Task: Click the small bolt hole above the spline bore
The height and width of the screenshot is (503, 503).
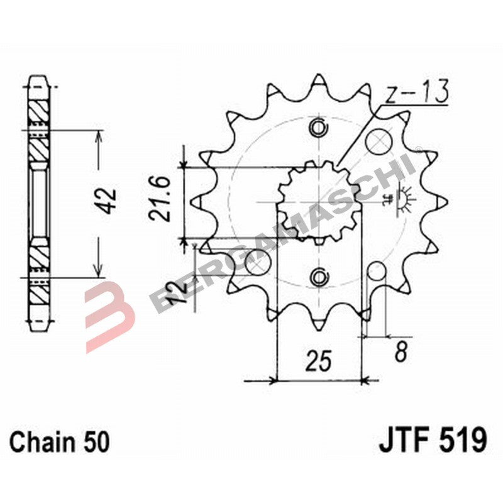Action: coord(319,129)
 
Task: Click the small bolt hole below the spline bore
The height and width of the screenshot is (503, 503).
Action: coord(319,276)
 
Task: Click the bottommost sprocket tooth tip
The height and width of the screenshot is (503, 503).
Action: coord(319,327)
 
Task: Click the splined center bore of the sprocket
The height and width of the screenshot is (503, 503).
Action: coord(319,202)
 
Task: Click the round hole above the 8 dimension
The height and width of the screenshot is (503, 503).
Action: coord(376,273)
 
